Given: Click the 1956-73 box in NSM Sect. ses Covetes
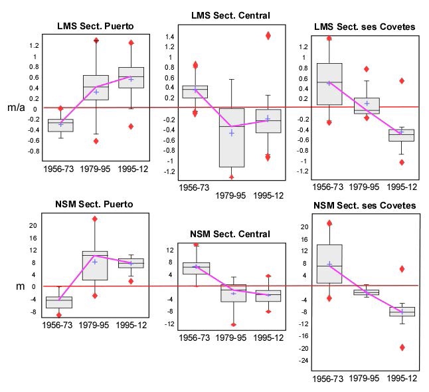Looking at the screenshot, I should click(329, 264).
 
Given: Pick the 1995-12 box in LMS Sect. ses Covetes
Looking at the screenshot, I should click(402, 136).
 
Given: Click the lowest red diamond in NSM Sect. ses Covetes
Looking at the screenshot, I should click(402, 347).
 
